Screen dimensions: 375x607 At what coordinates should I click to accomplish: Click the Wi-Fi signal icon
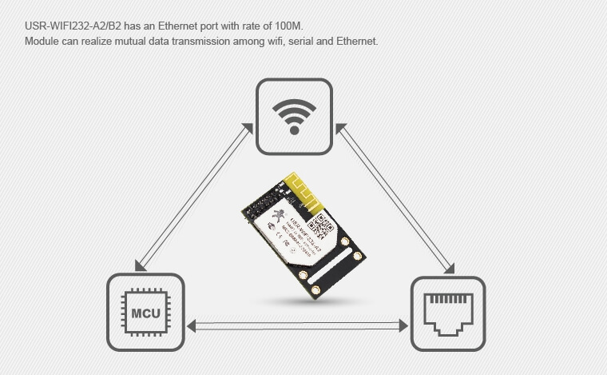pos(293,115)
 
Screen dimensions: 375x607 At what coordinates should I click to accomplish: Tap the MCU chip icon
pos(145,311)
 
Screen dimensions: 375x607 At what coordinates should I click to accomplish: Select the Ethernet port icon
pos(447,313)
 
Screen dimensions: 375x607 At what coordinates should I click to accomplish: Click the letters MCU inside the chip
pos(145,312)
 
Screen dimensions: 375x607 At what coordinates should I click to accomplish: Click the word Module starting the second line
pos(42,41)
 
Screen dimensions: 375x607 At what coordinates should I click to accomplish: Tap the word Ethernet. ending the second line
pos(354,41)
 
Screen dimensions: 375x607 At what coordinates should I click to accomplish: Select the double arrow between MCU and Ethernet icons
pos(296,325)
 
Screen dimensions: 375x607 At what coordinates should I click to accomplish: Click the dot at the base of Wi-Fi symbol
pos(293,130)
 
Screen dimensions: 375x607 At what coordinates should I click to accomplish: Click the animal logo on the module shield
pos(277,214)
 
